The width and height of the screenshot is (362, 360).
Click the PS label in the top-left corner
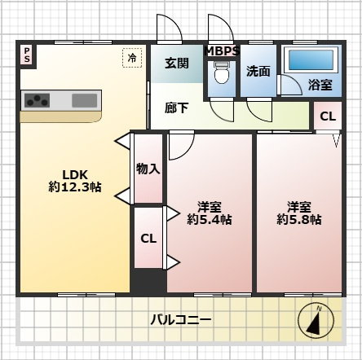coord(27,55)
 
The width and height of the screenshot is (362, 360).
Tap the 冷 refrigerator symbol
coord(131,57)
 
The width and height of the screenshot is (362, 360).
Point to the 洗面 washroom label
coord(258,71)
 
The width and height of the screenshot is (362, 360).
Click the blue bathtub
coord(310,60)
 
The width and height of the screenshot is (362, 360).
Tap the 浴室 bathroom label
coord(320,85)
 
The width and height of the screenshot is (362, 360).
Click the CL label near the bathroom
coord(327,116)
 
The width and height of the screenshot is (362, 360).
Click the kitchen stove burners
coord(38,100)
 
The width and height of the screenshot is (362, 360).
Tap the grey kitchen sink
coord(85,100)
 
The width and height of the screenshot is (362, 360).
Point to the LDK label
coord(74,173)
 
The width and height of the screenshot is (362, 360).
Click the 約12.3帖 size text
coord(74,187)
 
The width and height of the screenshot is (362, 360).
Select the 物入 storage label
coord(148,169)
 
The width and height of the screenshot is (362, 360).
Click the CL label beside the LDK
coord(148,239)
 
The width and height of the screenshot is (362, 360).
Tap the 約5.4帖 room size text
coord(210,219)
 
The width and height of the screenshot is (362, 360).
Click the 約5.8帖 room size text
coord(298,219)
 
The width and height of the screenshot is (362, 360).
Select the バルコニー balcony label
coord(180,319)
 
